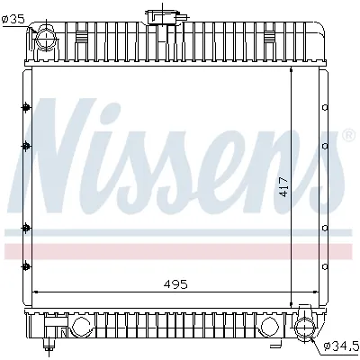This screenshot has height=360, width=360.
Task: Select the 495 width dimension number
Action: coord(176,283)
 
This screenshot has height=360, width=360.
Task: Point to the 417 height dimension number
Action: coord(283,186)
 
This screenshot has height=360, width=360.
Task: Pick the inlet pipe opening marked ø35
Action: coord(42,38)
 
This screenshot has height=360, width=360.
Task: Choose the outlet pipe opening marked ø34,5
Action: coord(307,325)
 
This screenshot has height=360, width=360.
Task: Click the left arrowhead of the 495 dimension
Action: coord(36,292)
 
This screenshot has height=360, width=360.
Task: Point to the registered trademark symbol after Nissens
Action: coord(347,136)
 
